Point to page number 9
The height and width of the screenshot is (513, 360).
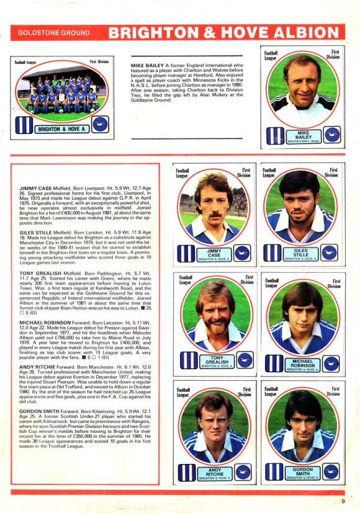[x=343, y=501]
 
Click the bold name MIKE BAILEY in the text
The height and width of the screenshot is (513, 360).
[x=147, y=65]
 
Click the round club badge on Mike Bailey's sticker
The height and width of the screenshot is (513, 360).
[x=331, y=136]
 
